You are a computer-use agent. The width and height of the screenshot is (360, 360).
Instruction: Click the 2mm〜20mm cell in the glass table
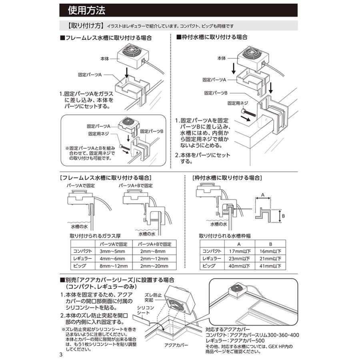pos(154,266)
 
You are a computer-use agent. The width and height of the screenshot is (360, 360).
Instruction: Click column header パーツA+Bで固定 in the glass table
pos(154,244)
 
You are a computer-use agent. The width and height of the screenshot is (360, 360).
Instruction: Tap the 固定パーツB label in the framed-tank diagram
pos(216,92)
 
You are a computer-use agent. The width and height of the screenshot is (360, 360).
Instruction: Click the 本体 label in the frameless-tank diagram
pos(106,58)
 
